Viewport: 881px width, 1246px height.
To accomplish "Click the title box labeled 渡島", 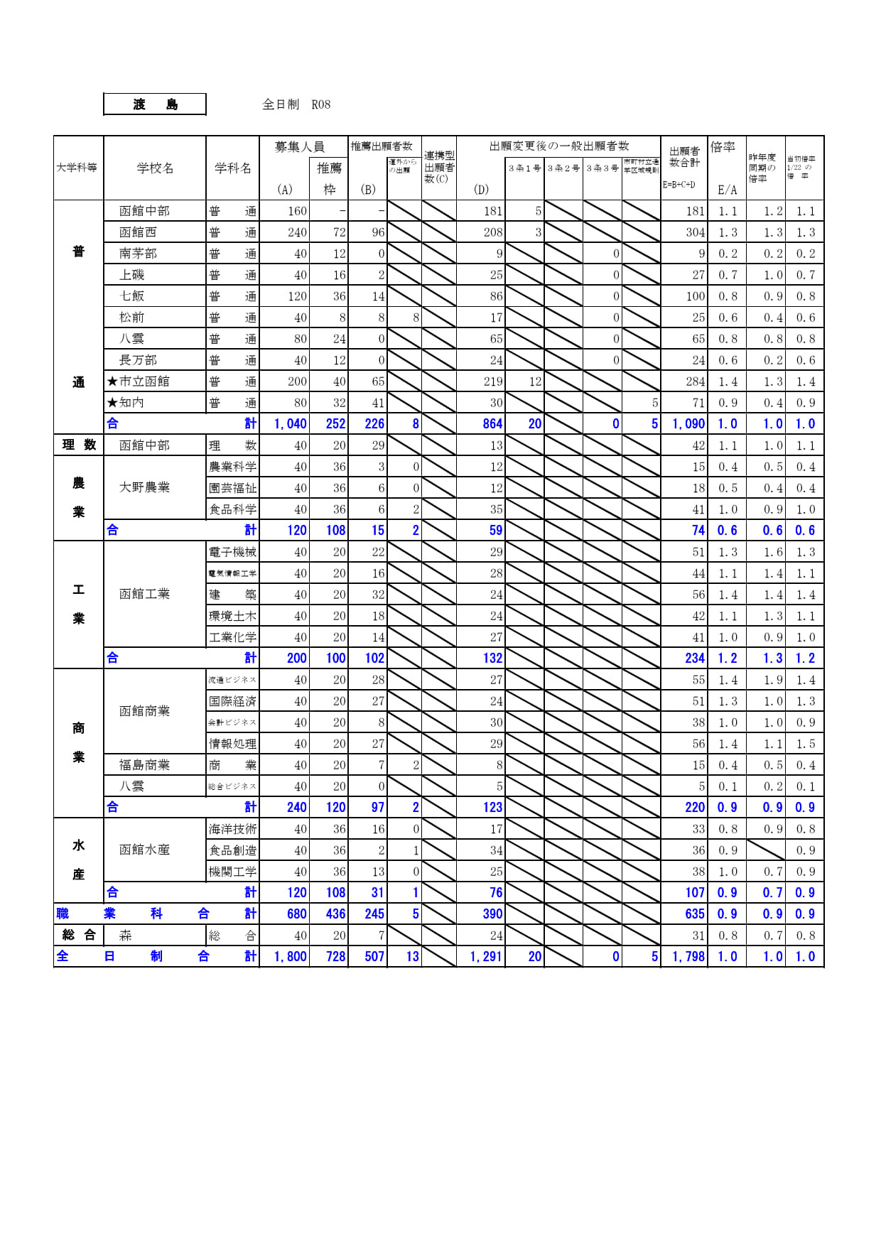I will (155, 104).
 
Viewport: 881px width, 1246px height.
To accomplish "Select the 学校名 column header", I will (155, 168).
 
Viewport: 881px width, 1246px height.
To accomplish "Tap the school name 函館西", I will (138, 232).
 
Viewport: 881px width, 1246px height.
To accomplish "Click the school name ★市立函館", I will (139, 381).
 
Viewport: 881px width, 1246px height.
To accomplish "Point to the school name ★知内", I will (126, 403).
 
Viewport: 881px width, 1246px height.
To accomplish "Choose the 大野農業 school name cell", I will (144, 487).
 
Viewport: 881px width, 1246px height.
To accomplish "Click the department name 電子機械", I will (232, 552).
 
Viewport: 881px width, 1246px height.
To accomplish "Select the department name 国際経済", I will (232, 701).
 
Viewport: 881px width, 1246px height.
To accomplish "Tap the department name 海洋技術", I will (232, 829).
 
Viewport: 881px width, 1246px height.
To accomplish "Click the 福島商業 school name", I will (144, 765).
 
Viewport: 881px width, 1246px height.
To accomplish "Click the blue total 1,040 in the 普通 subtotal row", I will (291, 424).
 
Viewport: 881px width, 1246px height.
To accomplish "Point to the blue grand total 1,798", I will (688, 957).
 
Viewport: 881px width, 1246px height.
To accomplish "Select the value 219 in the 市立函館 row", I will (493, 381).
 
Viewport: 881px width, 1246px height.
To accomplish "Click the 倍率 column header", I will (723, 147).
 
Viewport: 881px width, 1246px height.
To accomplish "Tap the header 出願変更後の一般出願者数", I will (559, 146).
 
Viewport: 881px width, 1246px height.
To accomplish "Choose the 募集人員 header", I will (300, 147).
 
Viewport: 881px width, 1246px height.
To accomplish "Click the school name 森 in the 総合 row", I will (126, 936).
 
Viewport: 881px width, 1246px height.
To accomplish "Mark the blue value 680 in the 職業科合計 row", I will (297, 914).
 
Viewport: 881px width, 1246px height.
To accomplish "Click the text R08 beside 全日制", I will (321, 104).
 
